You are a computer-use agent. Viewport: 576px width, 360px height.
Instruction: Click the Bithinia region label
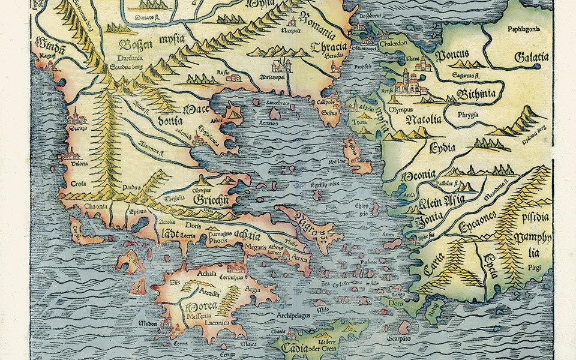476,94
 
